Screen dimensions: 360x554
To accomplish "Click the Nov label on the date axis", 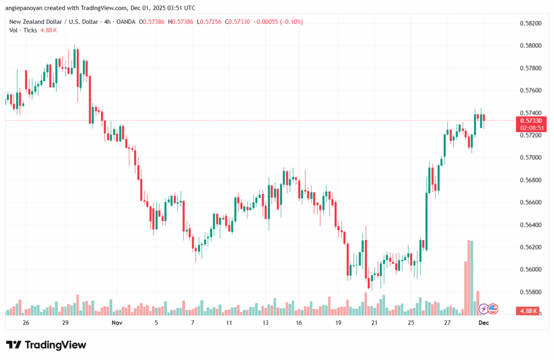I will click(117, 322).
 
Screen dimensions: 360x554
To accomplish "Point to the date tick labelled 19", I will click(338, 322).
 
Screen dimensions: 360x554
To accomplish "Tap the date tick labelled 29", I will click(64, 322).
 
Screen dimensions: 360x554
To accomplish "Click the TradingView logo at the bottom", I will click(46, 345).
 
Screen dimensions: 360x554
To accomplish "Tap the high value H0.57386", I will click(183, 22).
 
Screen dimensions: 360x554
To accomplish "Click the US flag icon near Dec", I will click(492, 309).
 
